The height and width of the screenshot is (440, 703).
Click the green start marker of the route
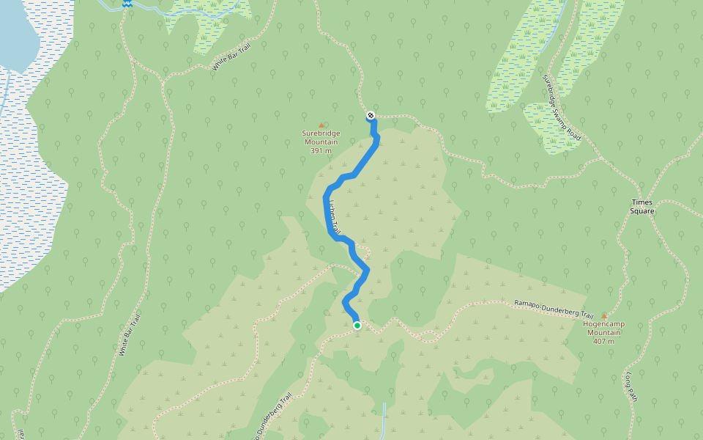tap(357, 326)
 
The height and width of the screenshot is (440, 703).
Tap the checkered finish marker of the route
tap(371, 115)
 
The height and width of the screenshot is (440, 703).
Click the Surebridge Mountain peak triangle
tap(321, 125)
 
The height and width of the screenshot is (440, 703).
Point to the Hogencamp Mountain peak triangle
tap(604, 315)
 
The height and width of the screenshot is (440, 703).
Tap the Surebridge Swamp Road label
tap(562, 107)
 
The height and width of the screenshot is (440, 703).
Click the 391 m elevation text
tap(321, 151)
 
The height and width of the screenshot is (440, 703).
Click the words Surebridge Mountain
tap(321, 138)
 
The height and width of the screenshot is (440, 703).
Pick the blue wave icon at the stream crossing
tap(127, 4)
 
